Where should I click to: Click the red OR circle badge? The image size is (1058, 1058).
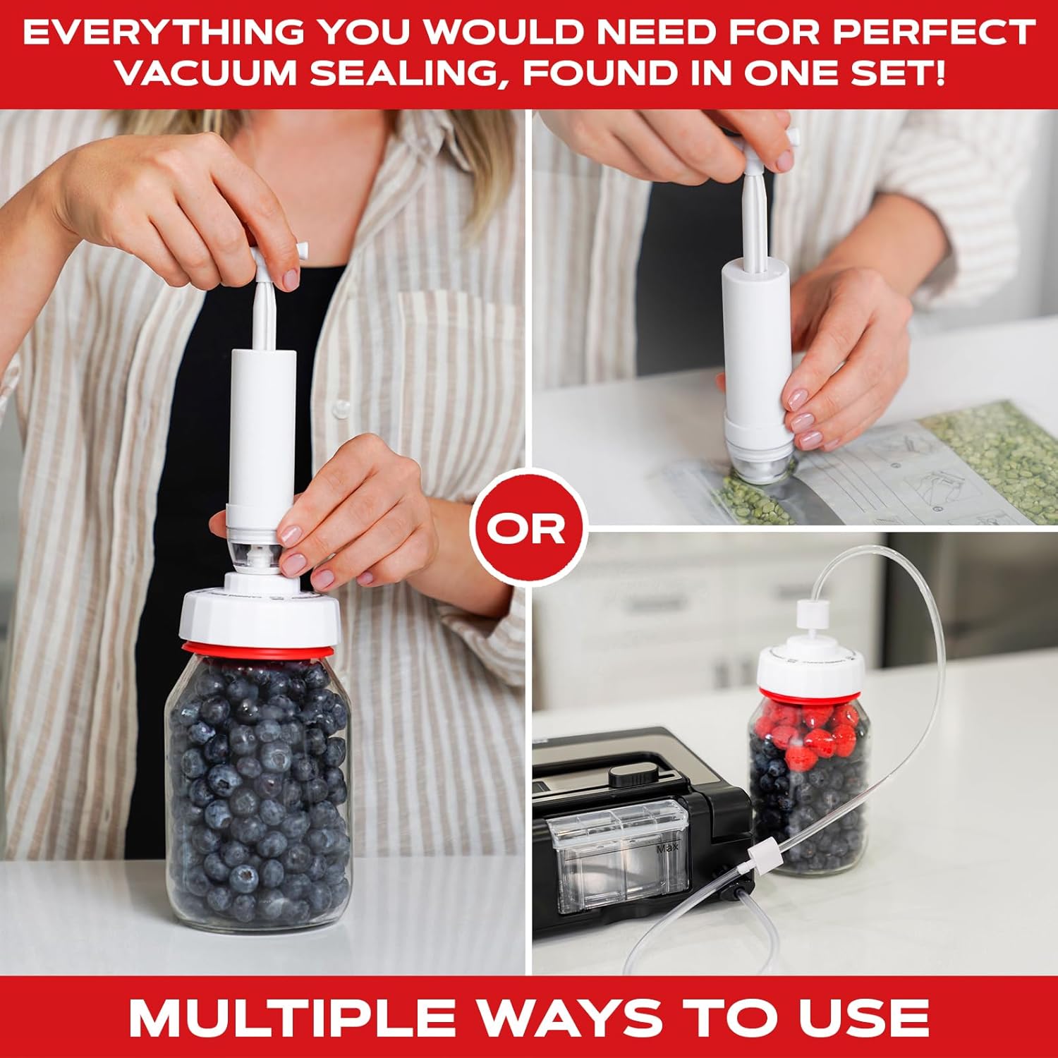pyautogui.click(x=528, y=527)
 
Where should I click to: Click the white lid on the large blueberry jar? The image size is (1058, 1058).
pyautogui.click(x=261, y=614)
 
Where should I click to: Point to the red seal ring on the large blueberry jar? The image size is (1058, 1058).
pyautogui.click(x=261, y=650)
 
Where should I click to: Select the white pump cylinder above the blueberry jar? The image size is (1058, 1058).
pyautogui.click(x=262, y=423)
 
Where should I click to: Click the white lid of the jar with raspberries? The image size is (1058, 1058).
pyautogui.click(x=811, y=670)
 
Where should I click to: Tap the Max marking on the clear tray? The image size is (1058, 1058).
pyautogui.click(x=667, y=849)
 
